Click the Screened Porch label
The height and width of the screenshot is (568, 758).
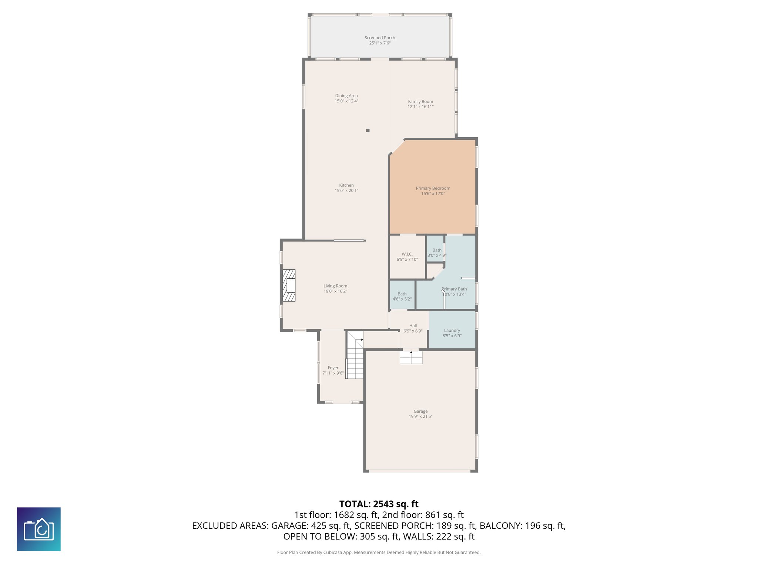[380, 38]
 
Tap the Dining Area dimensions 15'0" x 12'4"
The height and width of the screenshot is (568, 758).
[346, 101]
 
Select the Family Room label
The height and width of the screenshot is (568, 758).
[420, 101]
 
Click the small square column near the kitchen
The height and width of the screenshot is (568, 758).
[368, 130]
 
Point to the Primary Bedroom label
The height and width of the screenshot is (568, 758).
[433, 188]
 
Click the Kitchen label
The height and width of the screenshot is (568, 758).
[346, 185]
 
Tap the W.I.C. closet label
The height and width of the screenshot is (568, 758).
[407, 254]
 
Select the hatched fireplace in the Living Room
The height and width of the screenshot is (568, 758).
[289, 285]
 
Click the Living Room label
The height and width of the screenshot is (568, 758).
[335, 286]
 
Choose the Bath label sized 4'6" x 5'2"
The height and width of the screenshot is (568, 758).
[402, 294]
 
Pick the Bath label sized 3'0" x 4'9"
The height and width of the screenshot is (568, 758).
[437, 250]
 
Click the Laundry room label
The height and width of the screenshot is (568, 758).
[452, 331]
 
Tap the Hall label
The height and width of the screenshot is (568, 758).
[413, 326]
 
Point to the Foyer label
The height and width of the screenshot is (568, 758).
[333, 368]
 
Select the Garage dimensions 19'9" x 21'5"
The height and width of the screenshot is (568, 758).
[420, 416]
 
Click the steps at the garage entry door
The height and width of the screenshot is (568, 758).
[411, 358]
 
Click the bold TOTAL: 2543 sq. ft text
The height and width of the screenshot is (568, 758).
[379, 504]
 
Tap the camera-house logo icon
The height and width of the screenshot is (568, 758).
[39, 529]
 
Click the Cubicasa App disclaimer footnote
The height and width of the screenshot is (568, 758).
[379, 552]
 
